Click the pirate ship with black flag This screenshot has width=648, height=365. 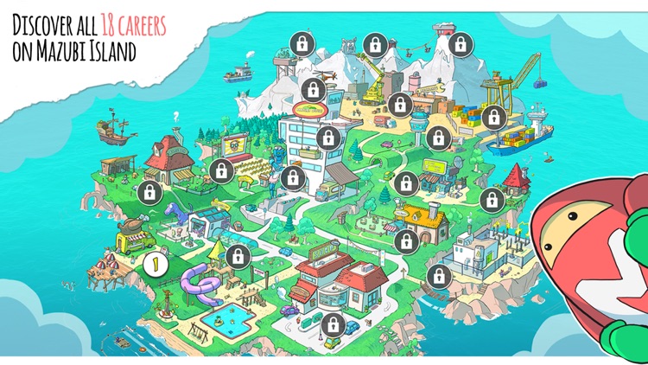point(112,130)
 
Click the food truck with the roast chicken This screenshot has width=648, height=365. point(137,238)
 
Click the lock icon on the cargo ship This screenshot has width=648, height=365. point(494,115)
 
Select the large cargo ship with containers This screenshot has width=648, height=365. point(523,138)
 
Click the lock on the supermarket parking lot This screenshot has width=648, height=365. point(330,323)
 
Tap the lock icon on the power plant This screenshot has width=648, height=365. point(439,276)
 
